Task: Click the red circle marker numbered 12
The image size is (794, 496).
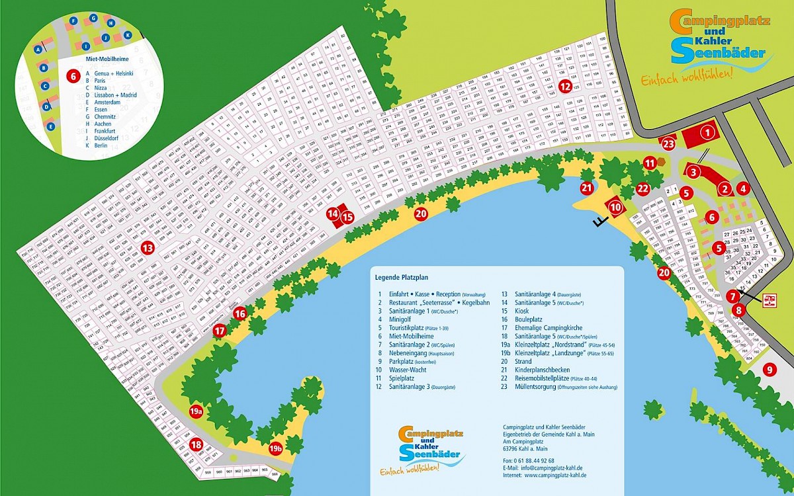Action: (564, 85)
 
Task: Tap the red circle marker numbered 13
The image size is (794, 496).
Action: (148, 248)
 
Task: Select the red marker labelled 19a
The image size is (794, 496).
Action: (195, 411)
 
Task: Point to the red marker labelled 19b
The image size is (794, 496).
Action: (276, 449)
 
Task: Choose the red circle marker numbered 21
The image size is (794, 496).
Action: (586, 188)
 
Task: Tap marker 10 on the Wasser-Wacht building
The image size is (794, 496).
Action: (616, 207)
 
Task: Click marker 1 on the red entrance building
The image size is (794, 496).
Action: (707, 132)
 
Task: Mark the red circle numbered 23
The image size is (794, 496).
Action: (668, 142)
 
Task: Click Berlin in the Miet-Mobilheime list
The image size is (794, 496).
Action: (101, 145)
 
